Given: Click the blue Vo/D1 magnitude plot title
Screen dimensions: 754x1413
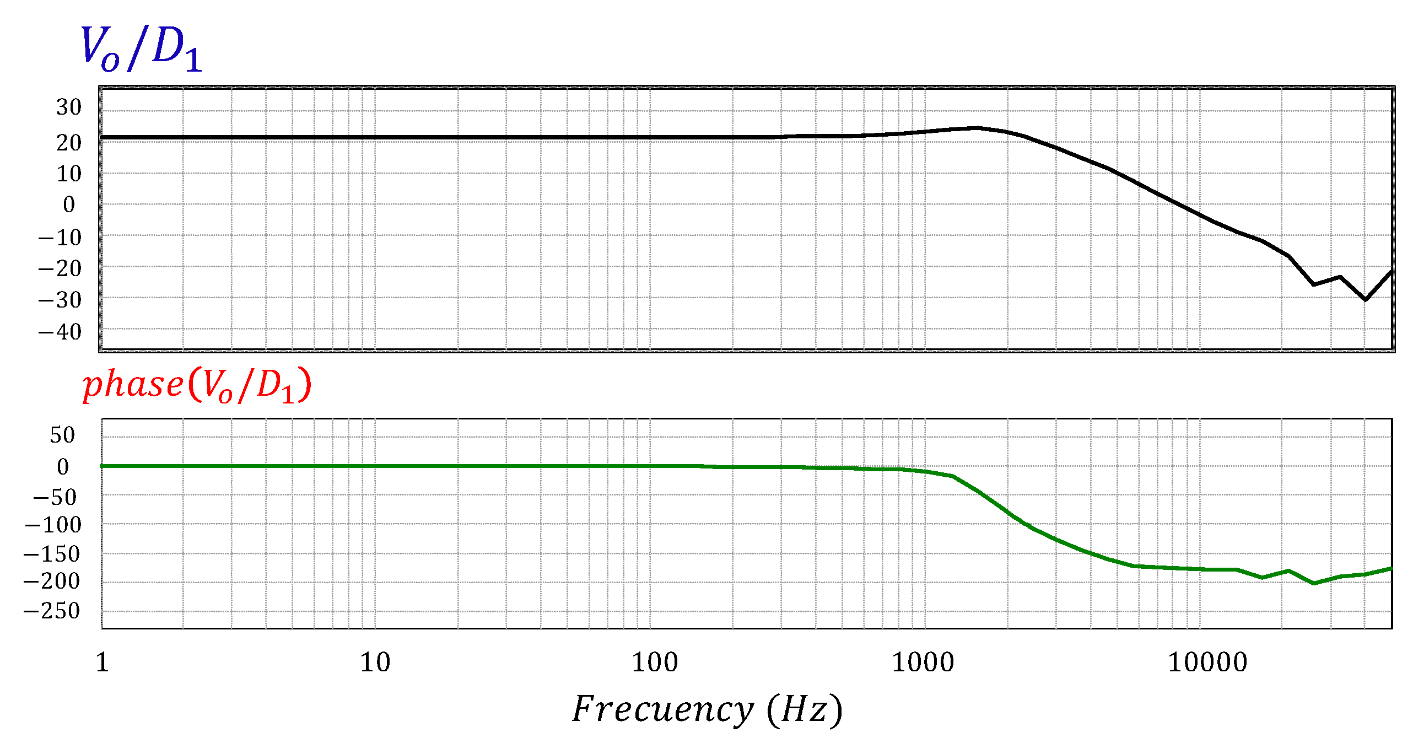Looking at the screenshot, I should click(x=141, y=50).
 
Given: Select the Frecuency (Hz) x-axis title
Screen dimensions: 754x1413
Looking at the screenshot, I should click(x=707, y=709).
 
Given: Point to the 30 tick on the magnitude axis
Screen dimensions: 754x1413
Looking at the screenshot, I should click(x=69, y=107).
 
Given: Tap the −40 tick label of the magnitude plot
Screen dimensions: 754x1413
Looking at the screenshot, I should click(x=60, y=332).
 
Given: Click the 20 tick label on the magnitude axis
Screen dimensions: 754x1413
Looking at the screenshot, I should click(x=69, y=143).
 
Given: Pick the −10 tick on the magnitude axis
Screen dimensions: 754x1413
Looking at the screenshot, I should click(x=60, y=238).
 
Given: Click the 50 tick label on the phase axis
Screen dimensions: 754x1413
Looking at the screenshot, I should click(x=62, y=435).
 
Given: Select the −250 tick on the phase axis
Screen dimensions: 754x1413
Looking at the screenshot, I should click(x=52, y=611).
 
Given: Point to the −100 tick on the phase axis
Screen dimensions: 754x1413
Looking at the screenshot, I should click(x=53, y=525).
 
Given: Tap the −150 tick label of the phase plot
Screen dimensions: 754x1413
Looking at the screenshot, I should click(x=52, y=554).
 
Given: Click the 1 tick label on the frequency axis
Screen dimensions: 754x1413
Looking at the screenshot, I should click(x=103, y=662).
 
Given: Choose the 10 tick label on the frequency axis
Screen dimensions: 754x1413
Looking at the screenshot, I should click(x=375, y=662).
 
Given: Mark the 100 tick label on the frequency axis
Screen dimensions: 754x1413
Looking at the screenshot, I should click(x=655, y=662).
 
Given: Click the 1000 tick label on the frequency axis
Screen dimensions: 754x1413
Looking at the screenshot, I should click(x=923, y=662).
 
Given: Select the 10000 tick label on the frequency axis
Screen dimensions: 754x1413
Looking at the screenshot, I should click(x=1207, y=662).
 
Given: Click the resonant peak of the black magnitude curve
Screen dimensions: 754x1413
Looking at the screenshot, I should click(x=977, y=128).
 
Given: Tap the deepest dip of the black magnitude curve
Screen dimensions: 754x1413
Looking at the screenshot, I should click(x=1365, y=299).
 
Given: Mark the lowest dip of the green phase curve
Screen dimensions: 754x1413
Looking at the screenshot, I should click(x=1314, y=583).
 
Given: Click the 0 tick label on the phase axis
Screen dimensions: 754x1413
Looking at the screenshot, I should click(x=63, y=467).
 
